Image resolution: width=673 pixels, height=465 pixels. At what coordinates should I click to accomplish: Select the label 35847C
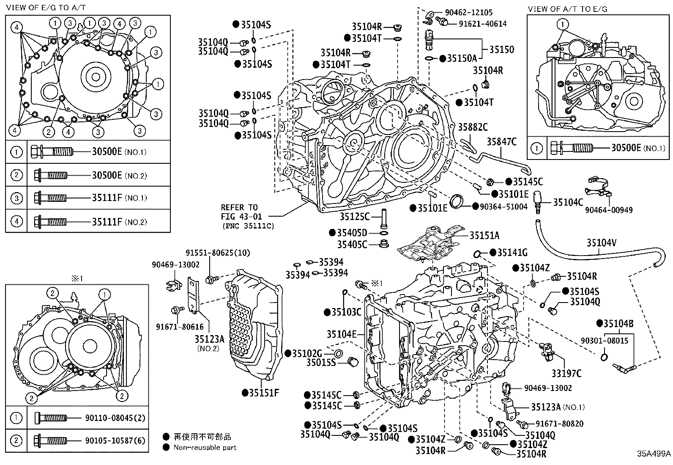coord(501,142)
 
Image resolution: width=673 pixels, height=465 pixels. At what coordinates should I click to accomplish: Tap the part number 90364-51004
coord(503,206)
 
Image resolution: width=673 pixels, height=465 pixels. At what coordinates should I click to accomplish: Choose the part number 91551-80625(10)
coord(218,253)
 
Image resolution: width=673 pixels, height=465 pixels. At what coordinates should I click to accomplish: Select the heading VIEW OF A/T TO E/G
coord(568,8)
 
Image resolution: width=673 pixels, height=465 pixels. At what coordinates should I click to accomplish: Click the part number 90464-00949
coord(609,210)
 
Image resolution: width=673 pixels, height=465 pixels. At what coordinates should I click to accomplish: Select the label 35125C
coord(355,217)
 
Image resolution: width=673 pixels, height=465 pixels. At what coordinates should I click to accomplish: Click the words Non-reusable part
coord(205,447)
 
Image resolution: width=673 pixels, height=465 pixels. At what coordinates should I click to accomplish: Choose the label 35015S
coord(320,363)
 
